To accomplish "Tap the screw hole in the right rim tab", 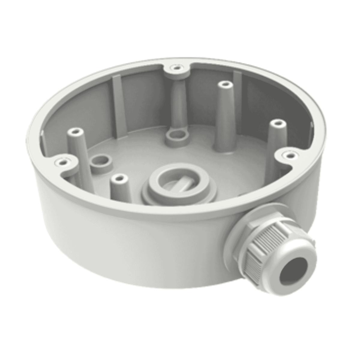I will click(x=289, y=155).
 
